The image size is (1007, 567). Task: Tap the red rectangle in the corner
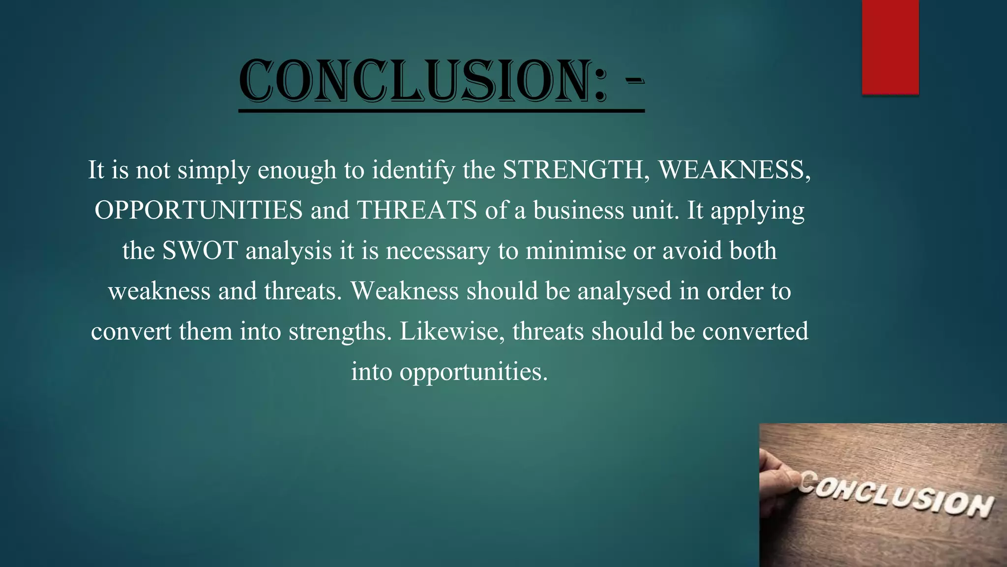click(890, 47)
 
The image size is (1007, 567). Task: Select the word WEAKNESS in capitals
click(734, 170)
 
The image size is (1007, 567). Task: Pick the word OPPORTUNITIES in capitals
click(199, 210)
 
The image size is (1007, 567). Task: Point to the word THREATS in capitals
click(416, 210)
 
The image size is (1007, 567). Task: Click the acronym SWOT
click(200, 251)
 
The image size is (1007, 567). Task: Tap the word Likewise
click(452, 331)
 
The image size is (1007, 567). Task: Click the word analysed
click(624, 291)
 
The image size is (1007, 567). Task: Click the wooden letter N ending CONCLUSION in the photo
click(977, 505)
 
